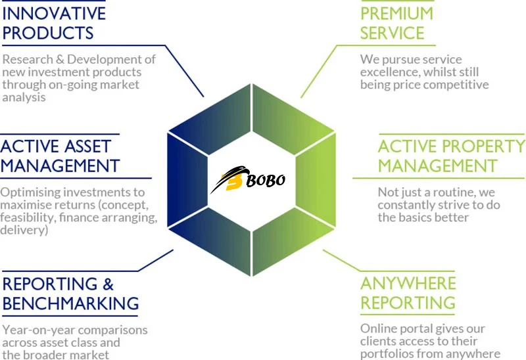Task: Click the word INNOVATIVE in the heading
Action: pos(54,12)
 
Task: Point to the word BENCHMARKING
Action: pos(70,304)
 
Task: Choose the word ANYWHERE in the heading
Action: pos(408,283)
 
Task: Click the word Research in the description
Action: pos(28,59)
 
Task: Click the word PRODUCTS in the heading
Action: pos(48,32)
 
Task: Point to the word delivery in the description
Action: pos(23,231)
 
